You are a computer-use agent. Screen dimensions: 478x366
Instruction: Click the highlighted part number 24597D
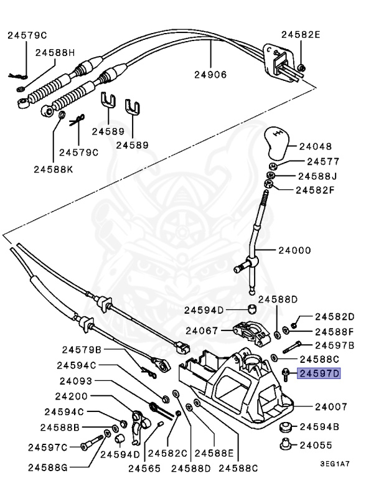[320, 373]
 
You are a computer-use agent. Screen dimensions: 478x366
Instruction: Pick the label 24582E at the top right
[301, 35]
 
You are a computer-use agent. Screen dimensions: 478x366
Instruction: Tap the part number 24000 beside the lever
[294, 251]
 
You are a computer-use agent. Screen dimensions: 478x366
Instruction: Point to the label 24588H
[55, 52]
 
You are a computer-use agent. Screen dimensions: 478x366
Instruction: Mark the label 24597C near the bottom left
[47, 446]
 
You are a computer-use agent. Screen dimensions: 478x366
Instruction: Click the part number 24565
[144, 468]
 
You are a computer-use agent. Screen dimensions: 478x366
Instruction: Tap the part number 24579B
[82, 349]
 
